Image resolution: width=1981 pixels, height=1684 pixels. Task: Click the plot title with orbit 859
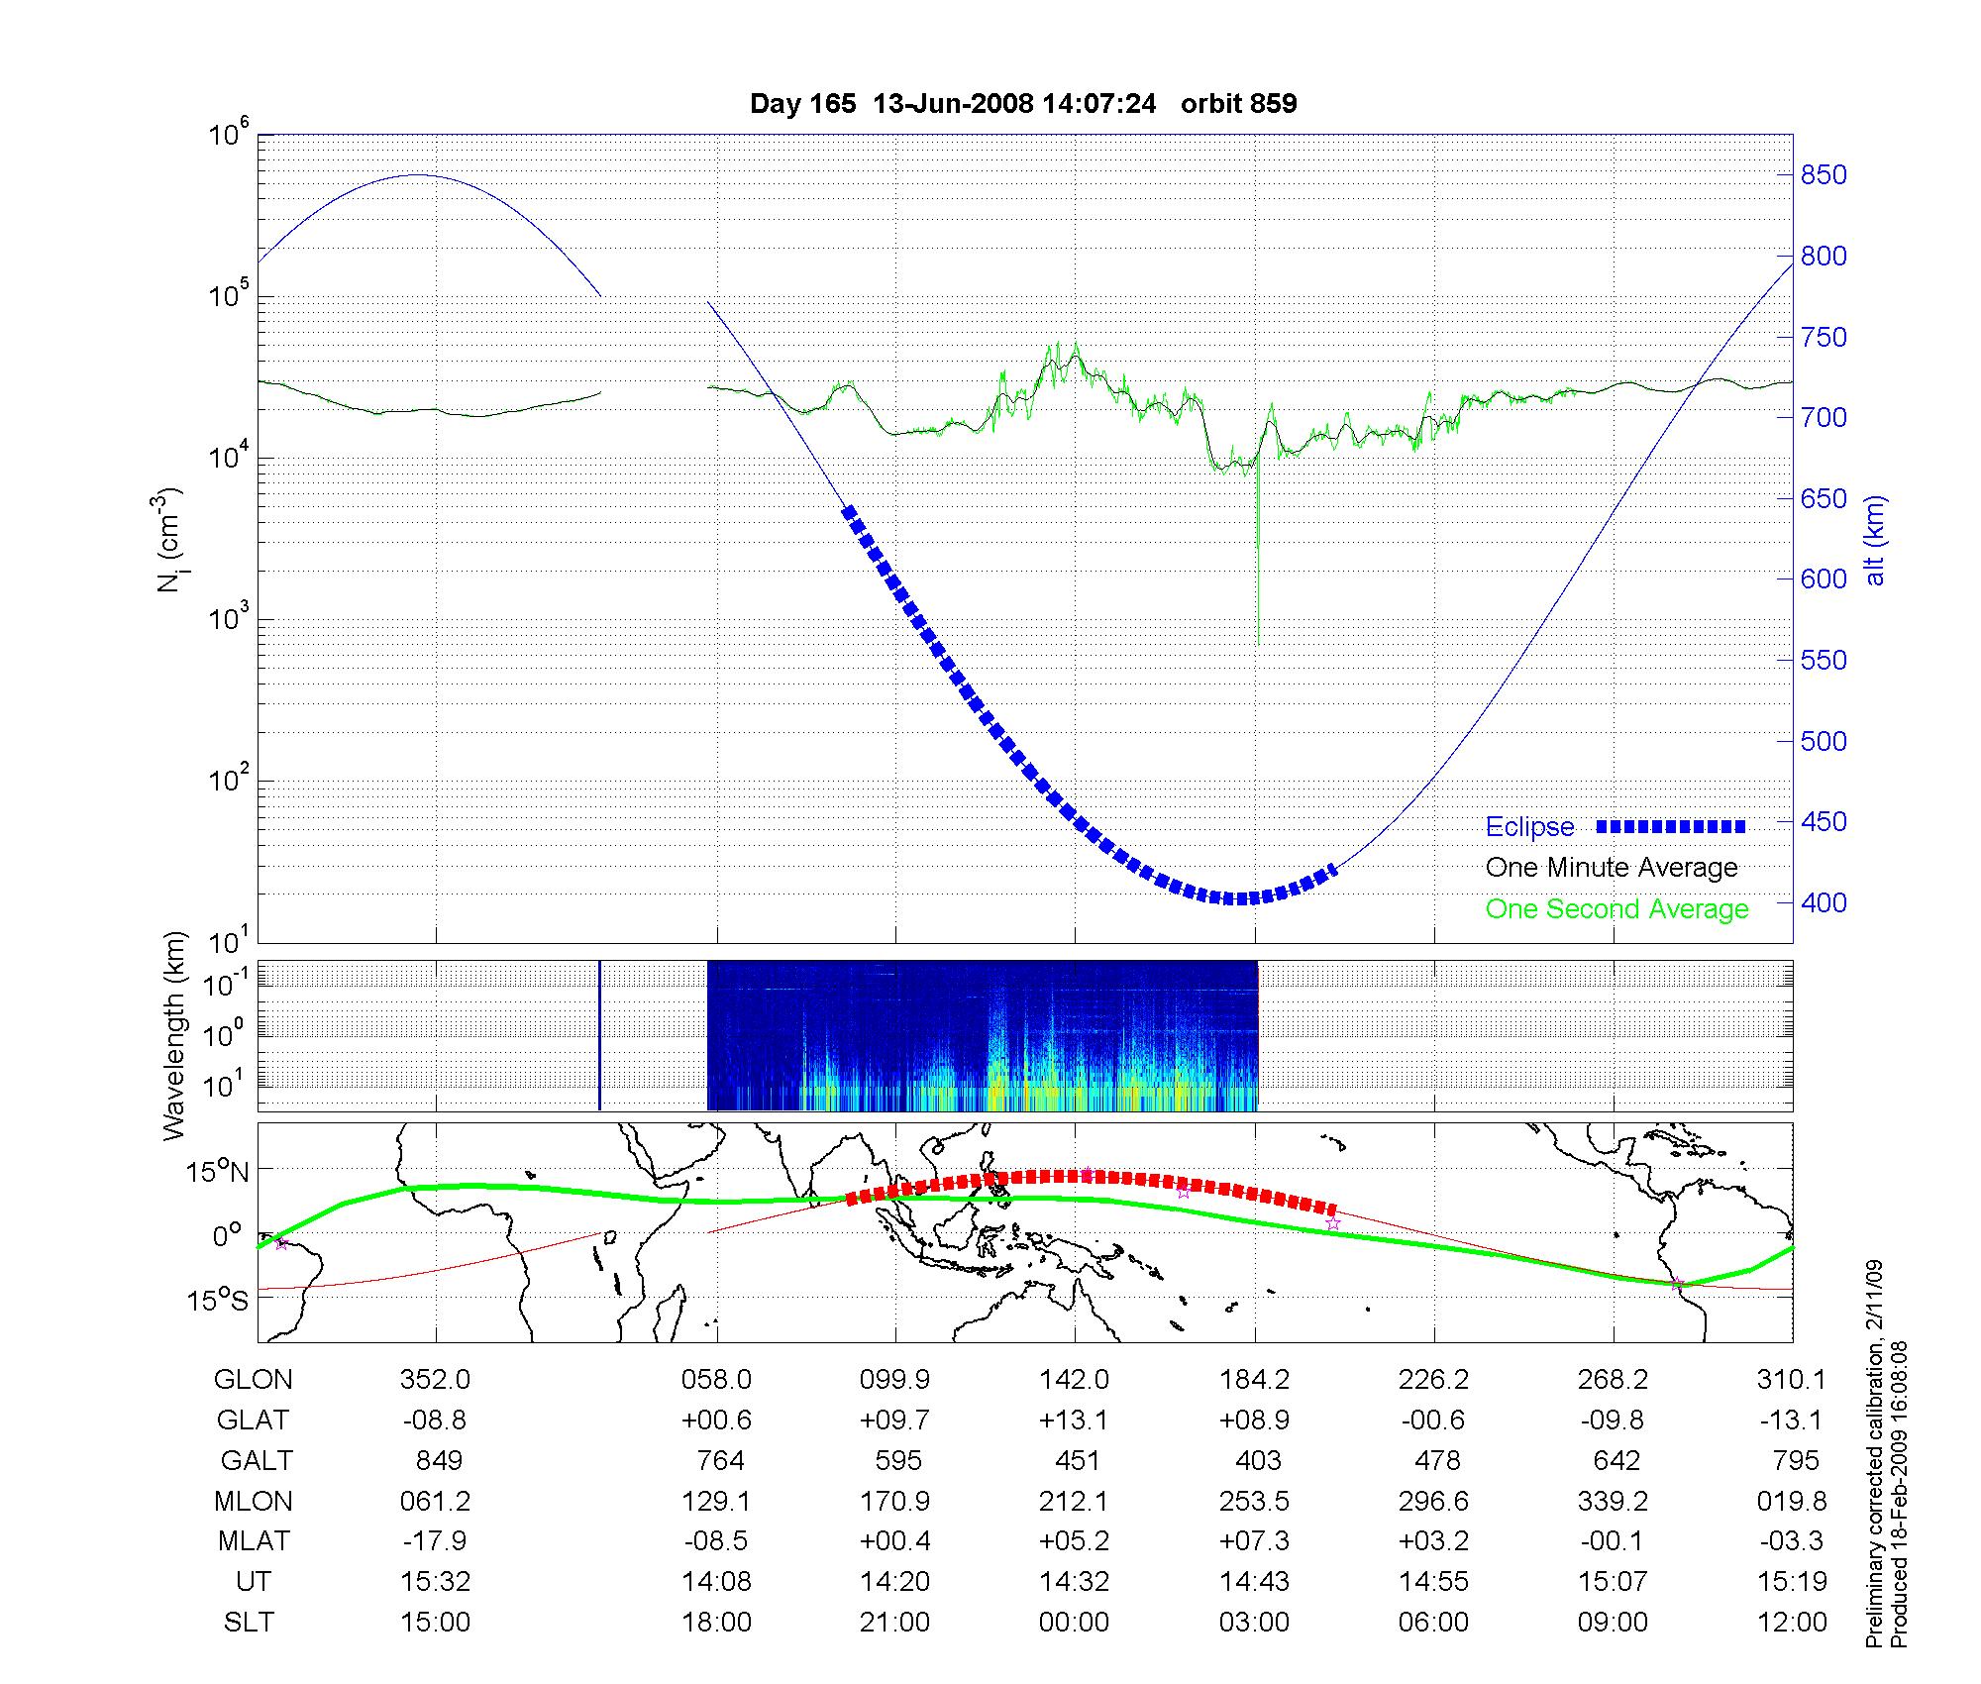[1023, 104]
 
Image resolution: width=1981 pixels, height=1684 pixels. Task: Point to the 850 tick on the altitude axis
[1823, 175]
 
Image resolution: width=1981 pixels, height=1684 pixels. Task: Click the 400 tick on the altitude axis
[1823, 902]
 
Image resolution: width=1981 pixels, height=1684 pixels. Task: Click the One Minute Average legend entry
[1612, 868]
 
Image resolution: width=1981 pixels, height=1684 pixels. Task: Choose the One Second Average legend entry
[1616, 909]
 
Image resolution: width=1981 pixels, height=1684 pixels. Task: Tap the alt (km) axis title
[1875, 540]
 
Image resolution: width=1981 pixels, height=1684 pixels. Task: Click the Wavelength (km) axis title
[175, 1035]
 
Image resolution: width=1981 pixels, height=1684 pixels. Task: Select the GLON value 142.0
[1074, 1379]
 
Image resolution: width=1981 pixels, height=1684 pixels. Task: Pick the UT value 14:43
[1255, 1582]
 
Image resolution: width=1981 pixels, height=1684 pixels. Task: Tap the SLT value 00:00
[1074, 1623]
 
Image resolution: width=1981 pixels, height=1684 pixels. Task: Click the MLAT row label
[254, 1541]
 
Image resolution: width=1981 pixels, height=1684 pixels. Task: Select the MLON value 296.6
[1433, 1501]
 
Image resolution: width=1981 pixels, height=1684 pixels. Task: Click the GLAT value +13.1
[1074, 1420]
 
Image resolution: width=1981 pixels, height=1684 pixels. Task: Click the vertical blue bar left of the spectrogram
[599, 1035]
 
